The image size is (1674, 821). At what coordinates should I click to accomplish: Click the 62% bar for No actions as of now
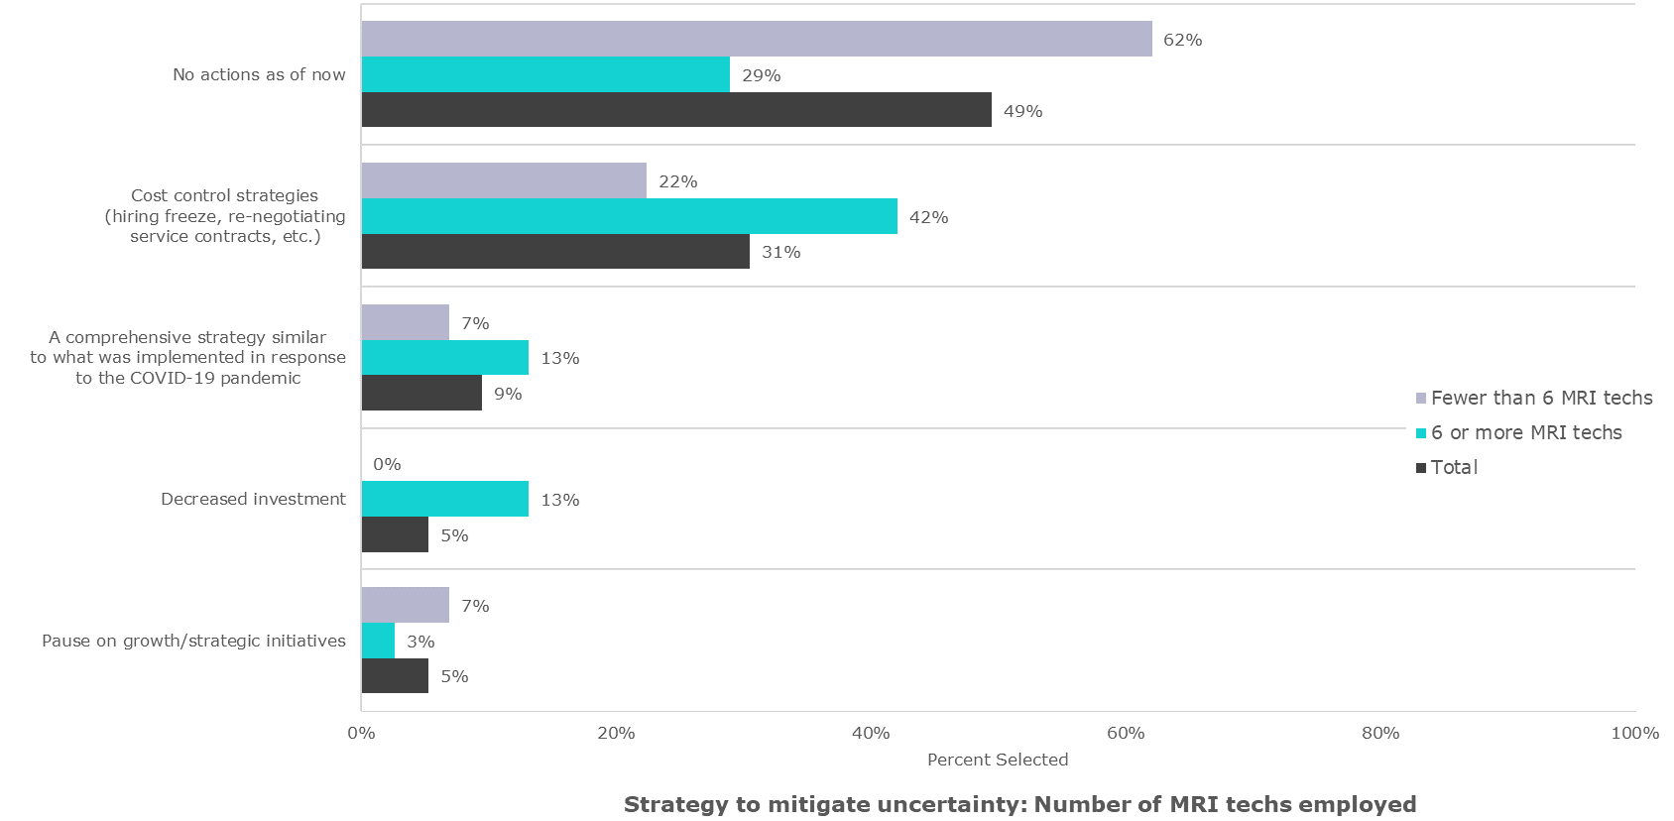coord(756,39)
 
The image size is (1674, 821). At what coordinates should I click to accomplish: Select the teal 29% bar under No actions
coord(545,74)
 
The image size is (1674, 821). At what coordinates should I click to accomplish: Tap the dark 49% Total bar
coord(676,110)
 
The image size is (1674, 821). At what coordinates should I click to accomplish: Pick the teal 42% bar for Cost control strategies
coord(629,216)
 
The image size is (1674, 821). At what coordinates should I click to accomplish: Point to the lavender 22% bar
coord(504,180)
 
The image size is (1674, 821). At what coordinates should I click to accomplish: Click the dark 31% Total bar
coord(555,252)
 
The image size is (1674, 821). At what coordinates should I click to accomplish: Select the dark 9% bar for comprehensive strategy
coord(421,393)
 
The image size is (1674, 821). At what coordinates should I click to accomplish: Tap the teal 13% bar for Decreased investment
coord(444,499)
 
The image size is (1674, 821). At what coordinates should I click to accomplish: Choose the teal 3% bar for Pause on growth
coord(378,641)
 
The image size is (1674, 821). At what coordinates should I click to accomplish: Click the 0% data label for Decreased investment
coord(387,464)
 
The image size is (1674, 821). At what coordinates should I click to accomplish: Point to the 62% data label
coord(1182,40)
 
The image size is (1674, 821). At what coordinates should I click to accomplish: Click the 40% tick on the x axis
coord(871,733)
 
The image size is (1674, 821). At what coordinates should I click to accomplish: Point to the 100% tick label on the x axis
coord(1634,733)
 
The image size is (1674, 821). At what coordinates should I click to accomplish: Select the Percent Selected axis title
coord(998,760)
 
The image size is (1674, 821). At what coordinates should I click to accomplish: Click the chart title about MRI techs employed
coord(1019,804)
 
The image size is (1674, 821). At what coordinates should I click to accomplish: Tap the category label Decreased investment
coord(253,499)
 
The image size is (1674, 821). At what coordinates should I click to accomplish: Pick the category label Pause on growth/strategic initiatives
coord(193,641)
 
